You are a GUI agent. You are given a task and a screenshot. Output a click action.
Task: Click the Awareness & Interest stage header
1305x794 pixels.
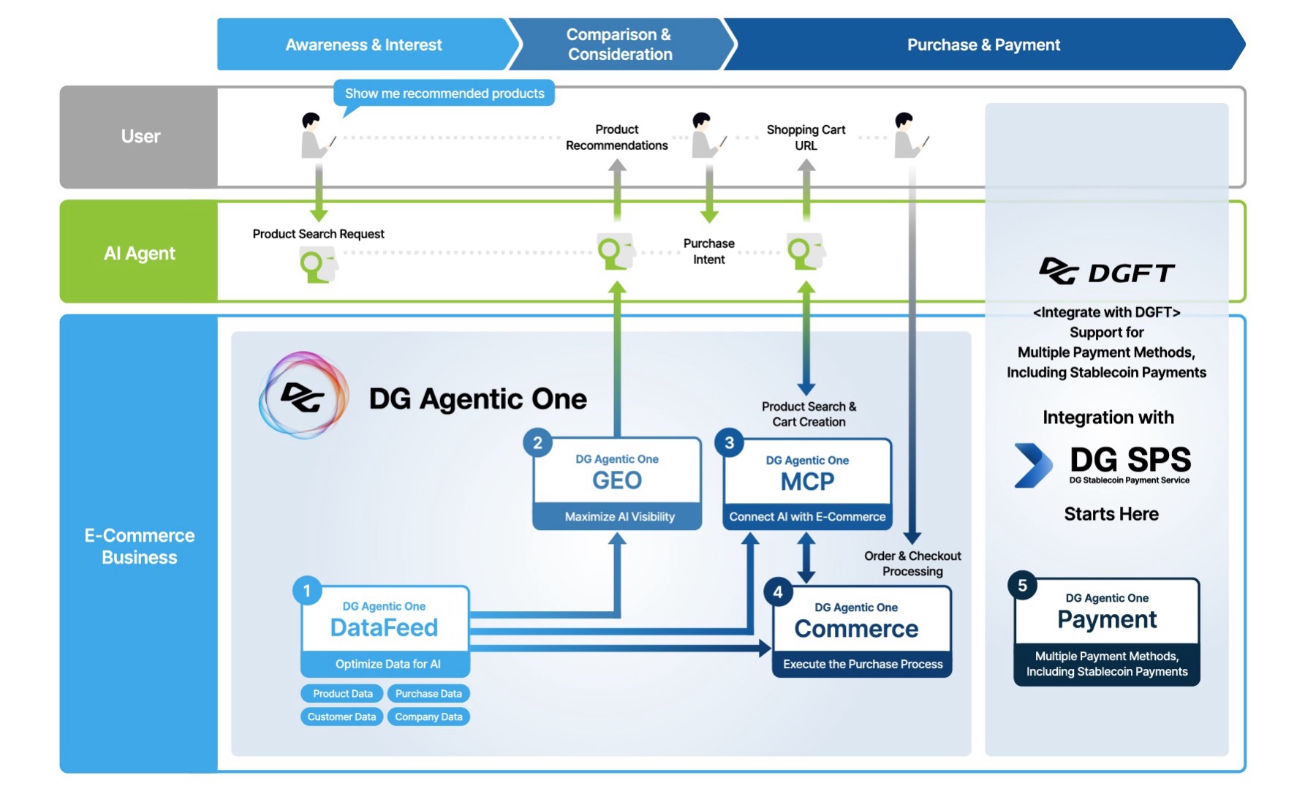tap(363, 45)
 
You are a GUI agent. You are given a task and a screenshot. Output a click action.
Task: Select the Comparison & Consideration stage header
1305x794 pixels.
tap(620, 45)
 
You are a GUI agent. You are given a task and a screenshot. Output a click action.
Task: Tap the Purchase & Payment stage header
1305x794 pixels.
tap(983, 45)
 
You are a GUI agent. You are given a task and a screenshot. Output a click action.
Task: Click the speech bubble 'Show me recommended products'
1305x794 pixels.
tap(445, 94)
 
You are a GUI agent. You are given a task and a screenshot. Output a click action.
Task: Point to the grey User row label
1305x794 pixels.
tap(139, 137)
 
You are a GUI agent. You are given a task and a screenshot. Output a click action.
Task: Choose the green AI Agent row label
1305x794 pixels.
tap(139, 252)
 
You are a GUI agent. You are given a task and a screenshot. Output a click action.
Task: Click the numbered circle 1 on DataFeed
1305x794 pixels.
tap(307, 591)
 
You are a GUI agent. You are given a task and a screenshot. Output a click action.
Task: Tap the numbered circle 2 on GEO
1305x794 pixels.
tap(537, 443)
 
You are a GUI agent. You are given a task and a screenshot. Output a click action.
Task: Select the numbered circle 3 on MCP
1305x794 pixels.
tap(729, 443)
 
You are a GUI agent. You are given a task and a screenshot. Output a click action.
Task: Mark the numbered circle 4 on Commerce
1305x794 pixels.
tap(778, 592)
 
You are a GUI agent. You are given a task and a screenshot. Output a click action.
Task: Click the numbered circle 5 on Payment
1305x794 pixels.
tap(1022, 586)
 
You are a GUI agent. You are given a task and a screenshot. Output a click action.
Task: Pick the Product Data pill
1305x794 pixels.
tap(342, 693)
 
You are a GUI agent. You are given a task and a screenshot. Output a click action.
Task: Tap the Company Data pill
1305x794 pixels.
tap(428, 717)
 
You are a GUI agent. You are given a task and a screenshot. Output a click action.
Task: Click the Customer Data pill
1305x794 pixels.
tap(342, 717)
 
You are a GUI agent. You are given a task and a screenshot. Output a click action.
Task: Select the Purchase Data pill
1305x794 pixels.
tap(428, 693)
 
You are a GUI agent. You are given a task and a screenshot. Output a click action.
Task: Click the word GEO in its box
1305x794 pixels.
tap(617, 480)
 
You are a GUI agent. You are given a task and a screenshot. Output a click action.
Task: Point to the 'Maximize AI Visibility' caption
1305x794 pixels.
tap(619, 516)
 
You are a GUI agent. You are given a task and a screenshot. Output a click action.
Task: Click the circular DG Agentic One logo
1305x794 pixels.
tap(303, 396)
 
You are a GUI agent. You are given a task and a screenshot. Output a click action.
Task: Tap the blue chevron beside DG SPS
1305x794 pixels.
tap(1033, 465)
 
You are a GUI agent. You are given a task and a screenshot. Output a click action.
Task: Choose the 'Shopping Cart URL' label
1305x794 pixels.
tap(806, 137)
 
